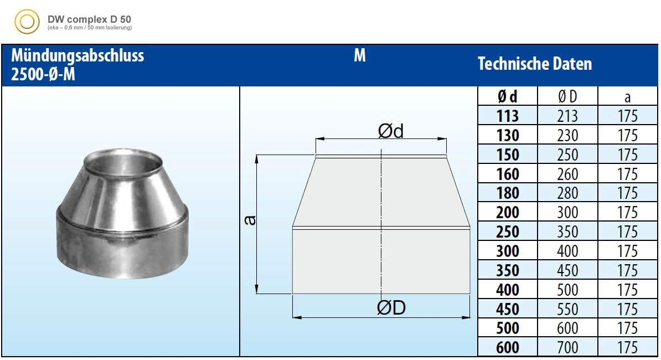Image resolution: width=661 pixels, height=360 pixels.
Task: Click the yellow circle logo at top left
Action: [x=27, y=22]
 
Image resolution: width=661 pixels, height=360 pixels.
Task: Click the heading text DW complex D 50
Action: [x=89, y=19]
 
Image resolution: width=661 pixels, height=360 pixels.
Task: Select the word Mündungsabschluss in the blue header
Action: [x=78, y=56]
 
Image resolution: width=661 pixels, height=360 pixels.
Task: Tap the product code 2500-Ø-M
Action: [x=43, y=74]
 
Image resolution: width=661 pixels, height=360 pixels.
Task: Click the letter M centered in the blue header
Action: [x=359, y=56]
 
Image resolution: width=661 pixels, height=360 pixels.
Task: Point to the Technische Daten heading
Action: [x=535, y=64]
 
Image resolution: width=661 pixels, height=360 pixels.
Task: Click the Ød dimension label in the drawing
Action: [x=391, y=131]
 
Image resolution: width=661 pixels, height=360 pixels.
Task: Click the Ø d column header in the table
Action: [x=507, y=96]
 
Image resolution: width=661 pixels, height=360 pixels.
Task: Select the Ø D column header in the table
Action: [x=567, y=96]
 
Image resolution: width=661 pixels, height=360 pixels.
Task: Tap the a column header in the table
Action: [x=627, y=97]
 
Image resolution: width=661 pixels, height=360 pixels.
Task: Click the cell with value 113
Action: [x=507, y=116]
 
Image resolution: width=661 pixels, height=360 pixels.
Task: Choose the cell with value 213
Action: [x=567, y=116]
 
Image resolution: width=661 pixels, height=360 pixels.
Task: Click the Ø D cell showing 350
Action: [x=567, y=232]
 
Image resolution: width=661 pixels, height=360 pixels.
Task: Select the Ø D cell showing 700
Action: [x=567, y=347]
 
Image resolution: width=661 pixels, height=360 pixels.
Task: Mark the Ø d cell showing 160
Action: [x=507, y=174]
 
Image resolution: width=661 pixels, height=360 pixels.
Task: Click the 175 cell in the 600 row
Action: [x=627, y=347]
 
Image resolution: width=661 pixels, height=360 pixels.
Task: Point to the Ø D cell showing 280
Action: [x=567, y=193]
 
